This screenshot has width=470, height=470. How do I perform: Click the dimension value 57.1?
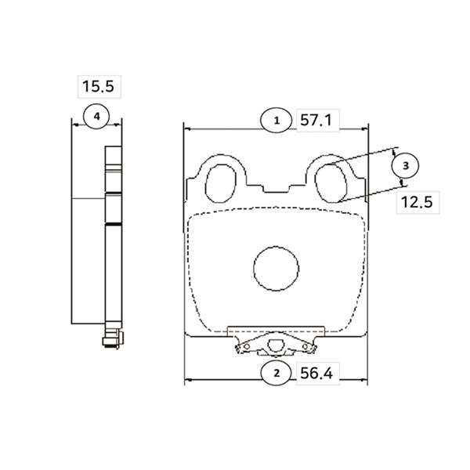[x=316, y=121]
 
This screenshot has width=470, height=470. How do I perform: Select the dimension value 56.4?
[x=316, y=374]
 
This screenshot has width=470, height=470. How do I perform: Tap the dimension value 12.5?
[x=417, y=202]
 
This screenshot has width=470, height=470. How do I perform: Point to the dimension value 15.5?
[x=99, y=86]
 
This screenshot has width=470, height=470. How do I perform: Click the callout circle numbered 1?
[x=277, y=121]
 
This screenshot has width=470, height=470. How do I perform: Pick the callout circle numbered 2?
[x=277, y=374]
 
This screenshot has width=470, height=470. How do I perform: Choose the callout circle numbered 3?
[x=406, y=166]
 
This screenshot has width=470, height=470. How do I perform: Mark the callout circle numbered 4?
[x=96, y=116]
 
